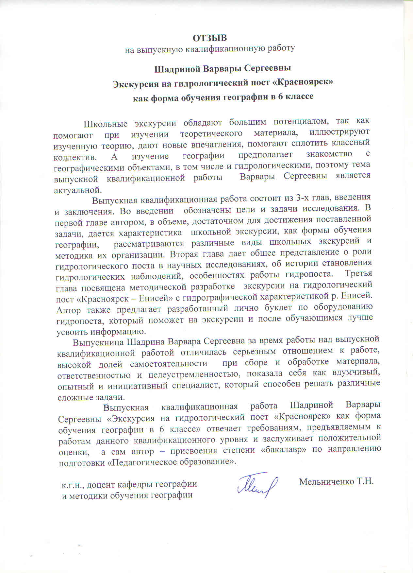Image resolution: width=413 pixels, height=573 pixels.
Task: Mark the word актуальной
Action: pyautogui.click(x=78, y=190)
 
